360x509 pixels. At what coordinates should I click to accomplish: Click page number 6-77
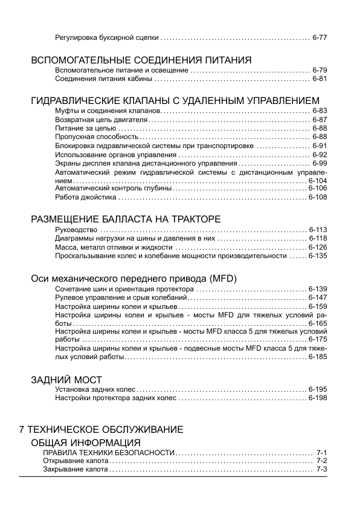pyautogui.click(x=320, y=37)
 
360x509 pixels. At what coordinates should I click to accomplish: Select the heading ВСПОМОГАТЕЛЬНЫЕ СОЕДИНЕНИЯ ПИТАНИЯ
pyautogui.click(x=141, y=60)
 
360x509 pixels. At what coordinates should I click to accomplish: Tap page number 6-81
pyautogui.click(x=320, y=79)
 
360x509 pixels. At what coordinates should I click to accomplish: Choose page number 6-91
pyautogui.click(x=320, y=146)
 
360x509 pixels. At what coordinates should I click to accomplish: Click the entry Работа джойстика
pyautogui.click(x=85, y=198)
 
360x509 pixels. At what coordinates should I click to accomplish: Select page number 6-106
pyautogui.click(x=317, y=189)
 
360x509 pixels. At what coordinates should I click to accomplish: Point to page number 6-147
pyautogui.click(x=317, y=298)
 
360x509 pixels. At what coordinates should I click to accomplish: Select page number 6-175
pyautogui.click(x=317, y=340)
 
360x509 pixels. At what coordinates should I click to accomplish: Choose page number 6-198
pyautogui.click(x=317, y=399)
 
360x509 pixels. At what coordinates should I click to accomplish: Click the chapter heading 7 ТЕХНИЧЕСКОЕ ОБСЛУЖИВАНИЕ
pyautogui.click(x=101, y=429)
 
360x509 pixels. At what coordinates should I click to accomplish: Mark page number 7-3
pyautogui.click(x=321, y=469)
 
